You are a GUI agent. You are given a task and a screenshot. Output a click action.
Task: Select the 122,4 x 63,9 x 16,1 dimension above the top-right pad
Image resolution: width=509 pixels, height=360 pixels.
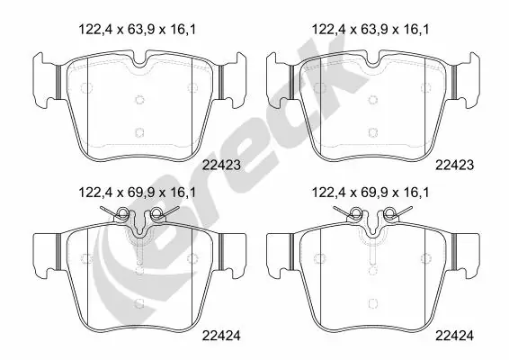[x=370, y=30]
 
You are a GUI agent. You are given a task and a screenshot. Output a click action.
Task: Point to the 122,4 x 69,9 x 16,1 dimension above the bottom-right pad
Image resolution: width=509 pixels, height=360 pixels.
[x=370, y=193]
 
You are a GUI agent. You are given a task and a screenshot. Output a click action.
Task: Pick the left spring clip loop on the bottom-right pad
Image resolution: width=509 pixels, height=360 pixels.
[x=355, y=214]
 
